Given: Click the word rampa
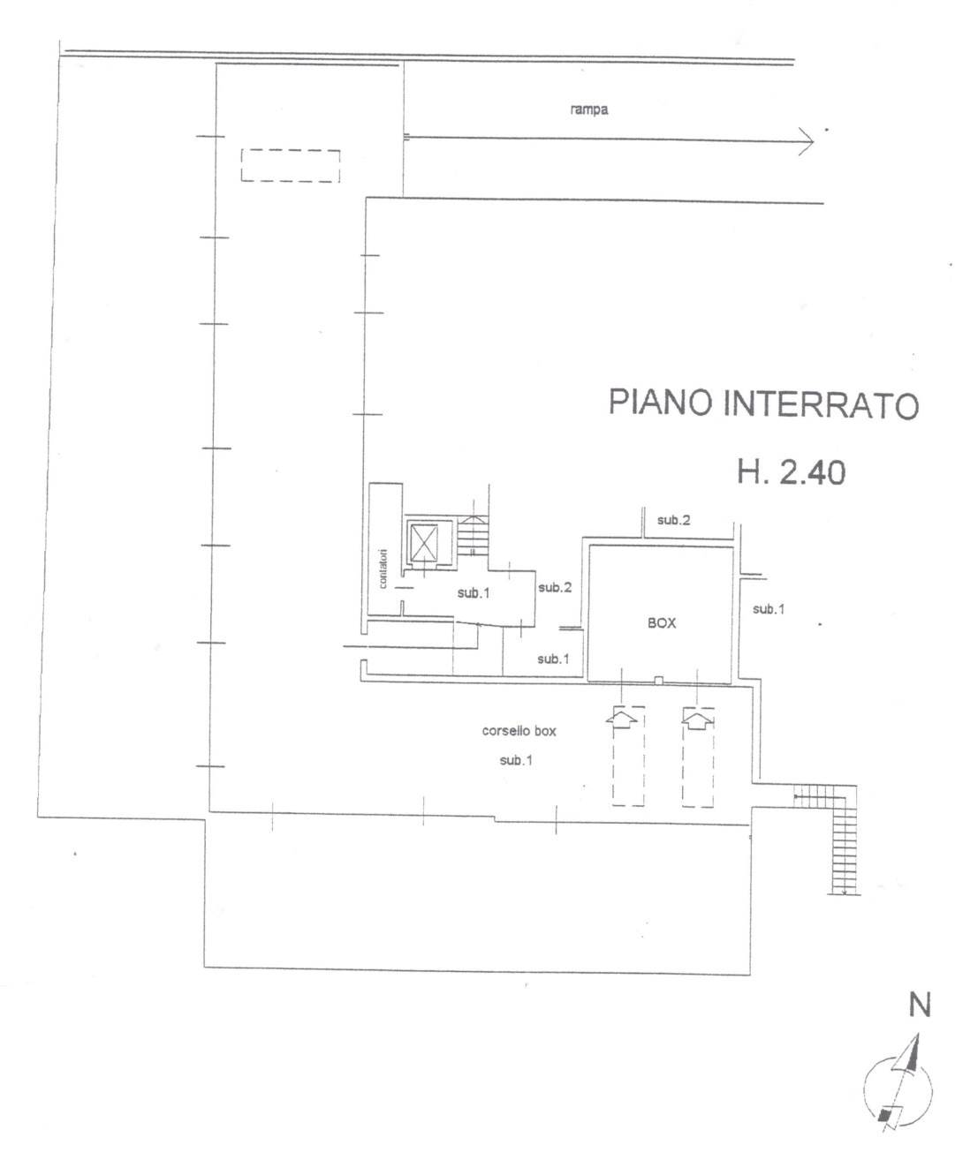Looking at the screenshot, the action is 589,109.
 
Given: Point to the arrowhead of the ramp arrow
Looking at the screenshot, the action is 807,142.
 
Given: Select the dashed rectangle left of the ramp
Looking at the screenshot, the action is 291,166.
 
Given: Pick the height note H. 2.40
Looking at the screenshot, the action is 791,472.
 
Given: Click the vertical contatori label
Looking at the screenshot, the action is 383,569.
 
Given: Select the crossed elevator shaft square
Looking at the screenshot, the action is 424,543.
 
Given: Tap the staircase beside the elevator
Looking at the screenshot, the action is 473,535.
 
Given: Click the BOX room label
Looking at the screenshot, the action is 662,622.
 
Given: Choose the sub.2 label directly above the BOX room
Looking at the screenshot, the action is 674,520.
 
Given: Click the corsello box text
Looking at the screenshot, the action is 519,731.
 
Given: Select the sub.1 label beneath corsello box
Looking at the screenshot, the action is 516,760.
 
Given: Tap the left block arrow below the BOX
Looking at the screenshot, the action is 622,719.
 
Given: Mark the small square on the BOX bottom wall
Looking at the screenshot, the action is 658,681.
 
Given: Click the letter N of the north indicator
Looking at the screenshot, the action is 920,1005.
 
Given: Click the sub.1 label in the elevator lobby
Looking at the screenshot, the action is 474,593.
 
